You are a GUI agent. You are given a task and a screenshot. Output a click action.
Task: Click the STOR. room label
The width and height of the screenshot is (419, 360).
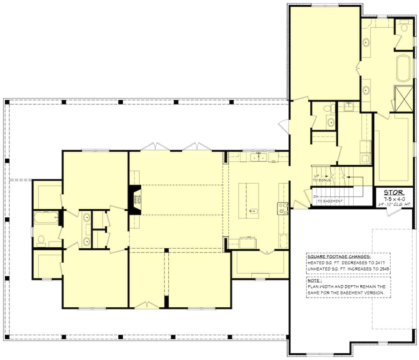[394, 192]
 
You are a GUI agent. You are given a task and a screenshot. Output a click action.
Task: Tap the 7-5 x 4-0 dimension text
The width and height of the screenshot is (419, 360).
[394, 198]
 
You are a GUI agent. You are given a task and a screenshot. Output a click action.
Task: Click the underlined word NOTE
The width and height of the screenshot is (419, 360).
[314, 280]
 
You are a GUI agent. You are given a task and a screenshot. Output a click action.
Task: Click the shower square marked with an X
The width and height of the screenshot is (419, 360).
[404, 99]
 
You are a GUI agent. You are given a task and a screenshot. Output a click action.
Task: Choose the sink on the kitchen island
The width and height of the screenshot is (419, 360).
[254, 210]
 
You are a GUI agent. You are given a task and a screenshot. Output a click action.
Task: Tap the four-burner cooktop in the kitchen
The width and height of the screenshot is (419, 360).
[283, 208]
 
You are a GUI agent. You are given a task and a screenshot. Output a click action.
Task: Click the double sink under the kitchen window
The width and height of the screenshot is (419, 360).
[259, 157]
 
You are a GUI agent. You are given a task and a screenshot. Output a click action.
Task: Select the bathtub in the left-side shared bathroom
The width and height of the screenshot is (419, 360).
[46, 217]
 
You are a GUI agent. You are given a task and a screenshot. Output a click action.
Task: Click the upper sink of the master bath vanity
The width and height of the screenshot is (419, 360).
[366, 43]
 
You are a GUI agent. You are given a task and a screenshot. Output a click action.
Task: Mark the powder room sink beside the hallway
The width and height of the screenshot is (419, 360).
[330, 122]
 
